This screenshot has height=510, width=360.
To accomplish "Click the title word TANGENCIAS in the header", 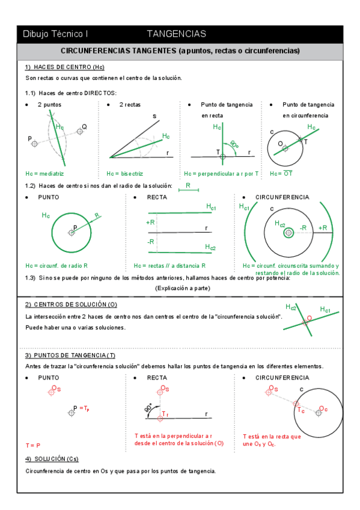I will tap(176, 34).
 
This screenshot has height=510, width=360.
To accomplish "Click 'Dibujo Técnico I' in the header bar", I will tap(55, 34).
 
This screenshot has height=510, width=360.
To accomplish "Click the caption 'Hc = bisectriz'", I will tap(127, 173).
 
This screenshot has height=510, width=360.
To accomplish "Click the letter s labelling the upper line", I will tap(154, 115).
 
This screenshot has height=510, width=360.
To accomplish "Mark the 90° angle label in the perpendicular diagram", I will tap(234, 144).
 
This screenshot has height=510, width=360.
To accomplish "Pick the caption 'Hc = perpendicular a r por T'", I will tap(221, 173).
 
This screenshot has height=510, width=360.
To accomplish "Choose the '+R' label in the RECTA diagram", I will tap(151, 223).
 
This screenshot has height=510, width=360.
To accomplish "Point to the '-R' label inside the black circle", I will tap(304, 228).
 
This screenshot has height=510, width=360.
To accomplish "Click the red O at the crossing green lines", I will tap(309, 318).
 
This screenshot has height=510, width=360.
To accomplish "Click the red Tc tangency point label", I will tap(300, 410).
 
